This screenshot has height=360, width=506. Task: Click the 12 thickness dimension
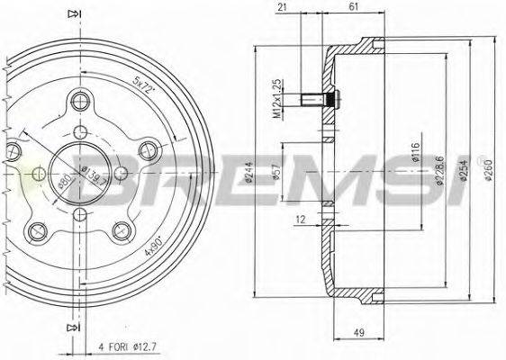pyautogui.click(x=299, y=219)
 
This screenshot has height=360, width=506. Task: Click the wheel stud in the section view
pyautogui.click(x=320, y=99)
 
